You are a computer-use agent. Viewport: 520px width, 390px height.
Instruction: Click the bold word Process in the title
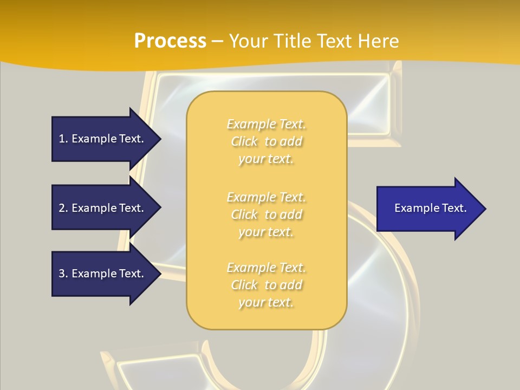point(170,41)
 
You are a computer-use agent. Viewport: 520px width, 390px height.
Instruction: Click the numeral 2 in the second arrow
point(62,208)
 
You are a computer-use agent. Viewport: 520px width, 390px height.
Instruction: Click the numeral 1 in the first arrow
point(62,139)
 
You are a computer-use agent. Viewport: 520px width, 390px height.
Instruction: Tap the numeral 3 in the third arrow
point(62,274)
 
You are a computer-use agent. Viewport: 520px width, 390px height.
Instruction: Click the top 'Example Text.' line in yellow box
point(266,124)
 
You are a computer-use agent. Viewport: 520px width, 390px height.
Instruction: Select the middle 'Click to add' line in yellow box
point(266,214)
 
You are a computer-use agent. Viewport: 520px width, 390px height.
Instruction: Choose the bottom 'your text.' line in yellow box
point(266,302)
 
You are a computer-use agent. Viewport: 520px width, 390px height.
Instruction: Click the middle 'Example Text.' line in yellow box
point(266,197)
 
